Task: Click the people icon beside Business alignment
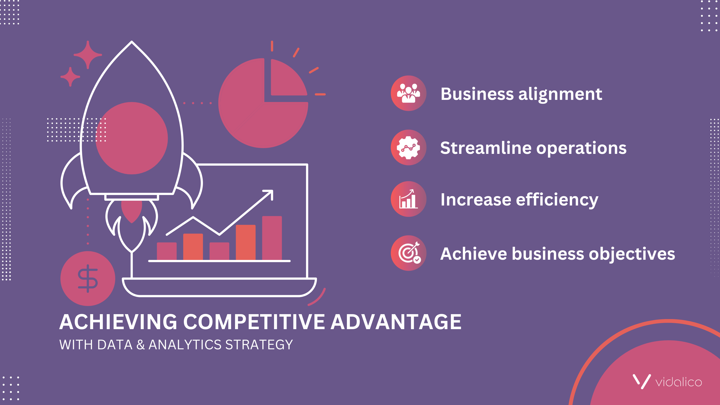click(x=408, y=93)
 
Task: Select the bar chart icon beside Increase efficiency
click(x=408, y=199)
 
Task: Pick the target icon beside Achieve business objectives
click(x=408, y=253)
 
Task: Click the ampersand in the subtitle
click(x=141, y=345)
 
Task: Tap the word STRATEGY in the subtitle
click(x=259, y=345)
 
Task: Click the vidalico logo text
click(x=679, y=382)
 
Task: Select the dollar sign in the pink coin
click(x=88, y=278)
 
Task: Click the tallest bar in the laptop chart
click(x=272, y=238)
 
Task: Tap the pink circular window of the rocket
click(x=132, y=138)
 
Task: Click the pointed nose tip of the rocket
click(x=132, y=42)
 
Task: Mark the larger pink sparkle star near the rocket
click(x=88, y=55)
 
